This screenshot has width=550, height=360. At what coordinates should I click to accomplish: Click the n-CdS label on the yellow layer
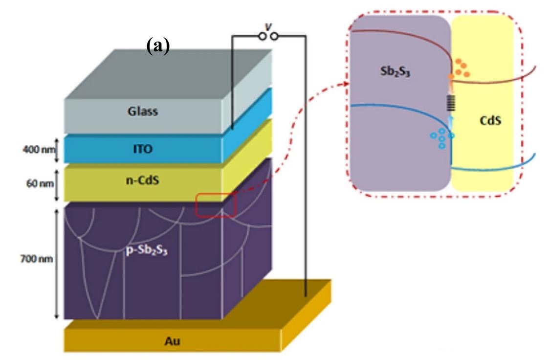[143, 180]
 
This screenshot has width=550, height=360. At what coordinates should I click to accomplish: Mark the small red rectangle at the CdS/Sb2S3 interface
[216, 204]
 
